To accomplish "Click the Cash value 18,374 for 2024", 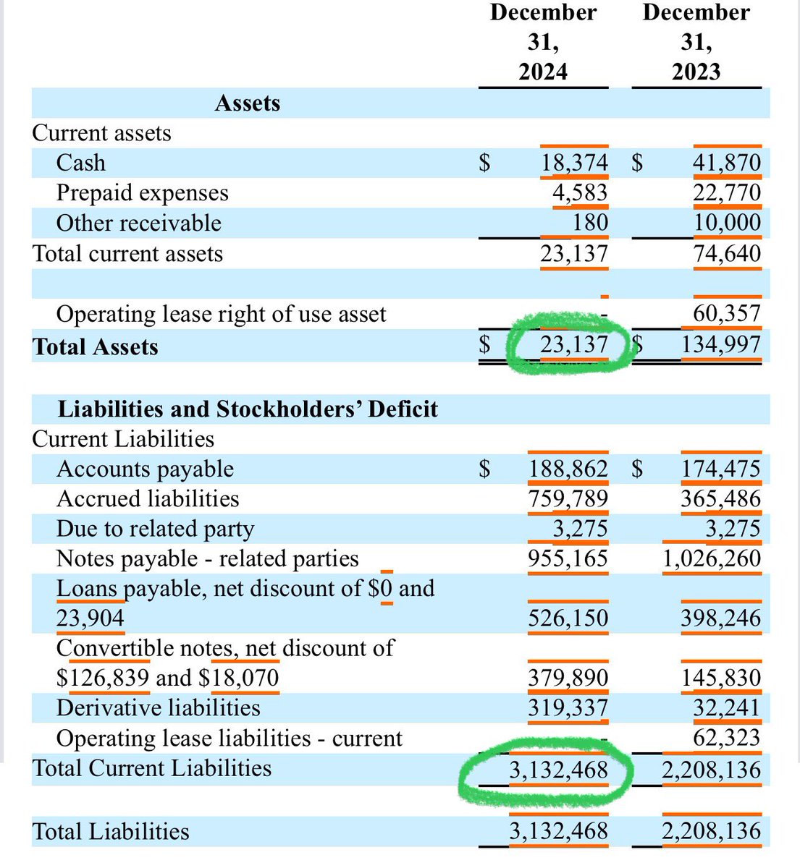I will pyautogui.click(x=574, y=163).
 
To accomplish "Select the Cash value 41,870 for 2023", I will pyautogui.click(x=726, y=163).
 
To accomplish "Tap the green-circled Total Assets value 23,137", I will pyautogui.click(x=573, y=344).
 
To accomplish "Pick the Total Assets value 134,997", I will pyautogui.click(x=720, y=344).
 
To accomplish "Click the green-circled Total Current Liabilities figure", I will pyautogui.click(x=558, y=770).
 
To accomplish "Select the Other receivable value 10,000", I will pyautogui.click(x=727, y=223).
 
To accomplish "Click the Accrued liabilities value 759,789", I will pyautogui.click(x=568, y=499).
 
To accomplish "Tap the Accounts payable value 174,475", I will pyautogui.click(x=720, y=469).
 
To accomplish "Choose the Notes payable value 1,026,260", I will pyautogui.click(x=712, y=559).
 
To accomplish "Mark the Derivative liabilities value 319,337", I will pyautogui.click(x=568, y=707).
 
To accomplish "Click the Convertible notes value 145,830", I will pyautogui.click(x=720, y=678).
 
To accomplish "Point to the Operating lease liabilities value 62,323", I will pyautogui.click(x=727, y=738).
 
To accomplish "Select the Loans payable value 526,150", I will pyautogui.click(x=568, y=618).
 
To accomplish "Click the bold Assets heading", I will pyautogui.click(x=247, y=103).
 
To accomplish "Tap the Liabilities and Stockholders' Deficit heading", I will pyautogui.click(x=248, y=409).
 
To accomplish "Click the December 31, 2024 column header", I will pyautogui.click(x=543, y=42).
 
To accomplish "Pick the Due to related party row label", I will pyautogui.click(x=155, y=529).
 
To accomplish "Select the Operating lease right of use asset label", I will pyautogui.click(x=221, y=314).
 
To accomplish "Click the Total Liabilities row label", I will pyautogui.click(x=111, y=832).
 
